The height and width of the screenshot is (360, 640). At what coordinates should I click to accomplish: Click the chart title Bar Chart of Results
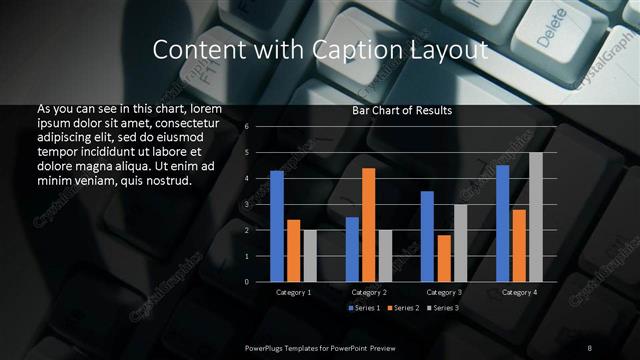[402, 111]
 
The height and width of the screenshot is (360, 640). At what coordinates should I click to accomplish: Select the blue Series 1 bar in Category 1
[277, 226]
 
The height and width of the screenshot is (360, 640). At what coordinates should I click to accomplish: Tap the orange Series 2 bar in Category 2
[369, 225]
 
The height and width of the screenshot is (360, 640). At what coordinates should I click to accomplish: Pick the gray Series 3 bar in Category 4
[535, 217]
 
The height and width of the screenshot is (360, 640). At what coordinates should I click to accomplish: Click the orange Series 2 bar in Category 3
[444, 258]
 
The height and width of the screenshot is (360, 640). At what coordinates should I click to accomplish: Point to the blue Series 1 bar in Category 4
[503, 223]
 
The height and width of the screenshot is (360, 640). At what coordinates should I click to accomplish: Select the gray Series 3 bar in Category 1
[310, 256]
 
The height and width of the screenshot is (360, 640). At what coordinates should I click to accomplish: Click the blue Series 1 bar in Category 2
[352, 249]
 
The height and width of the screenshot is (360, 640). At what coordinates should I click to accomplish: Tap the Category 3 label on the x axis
[444, 292]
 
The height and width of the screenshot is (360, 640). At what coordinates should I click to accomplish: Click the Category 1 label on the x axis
[293, 292]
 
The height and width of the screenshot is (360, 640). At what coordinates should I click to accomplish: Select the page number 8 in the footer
[590, 347]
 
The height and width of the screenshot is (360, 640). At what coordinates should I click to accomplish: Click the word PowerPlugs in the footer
[266, 347]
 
